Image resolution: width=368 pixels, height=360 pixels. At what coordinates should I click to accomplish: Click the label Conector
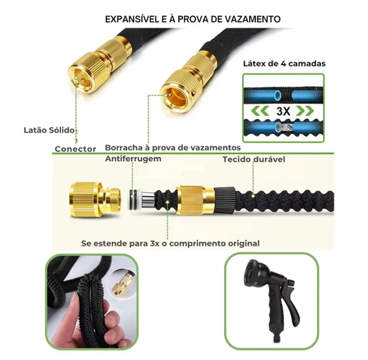point(75,149)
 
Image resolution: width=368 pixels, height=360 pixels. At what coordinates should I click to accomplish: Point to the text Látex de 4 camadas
point(286,64)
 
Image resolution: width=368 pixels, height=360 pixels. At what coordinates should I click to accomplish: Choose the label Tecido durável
point(253,159)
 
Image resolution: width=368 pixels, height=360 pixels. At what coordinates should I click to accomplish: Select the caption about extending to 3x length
point(171,243)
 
